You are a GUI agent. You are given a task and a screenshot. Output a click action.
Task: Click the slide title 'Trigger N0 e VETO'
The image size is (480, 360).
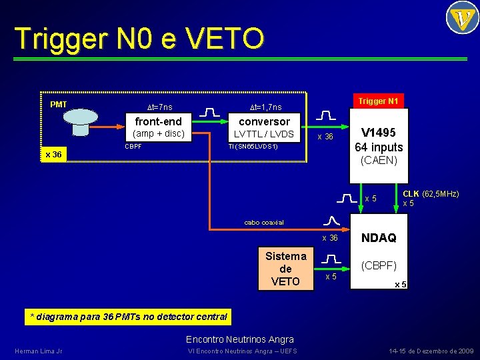pos(139,39)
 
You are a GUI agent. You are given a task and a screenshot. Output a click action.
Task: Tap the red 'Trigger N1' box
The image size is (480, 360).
pos(378,101)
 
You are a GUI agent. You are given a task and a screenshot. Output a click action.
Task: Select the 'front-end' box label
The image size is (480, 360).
pos(158,121)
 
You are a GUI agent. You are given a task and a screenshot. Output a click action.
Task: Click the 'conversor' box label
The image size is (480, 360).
pos(264,121)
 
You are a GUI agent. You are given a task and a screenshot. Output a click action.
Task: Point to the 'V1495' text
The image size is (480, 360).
pos(379,133)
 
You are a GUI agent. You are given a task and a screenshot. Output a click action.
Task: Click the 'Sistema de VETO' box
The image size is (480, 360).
pos(285,269)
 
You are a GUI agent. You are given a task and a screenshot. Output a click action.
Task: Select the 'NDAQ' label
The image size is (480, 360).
pos(379,238)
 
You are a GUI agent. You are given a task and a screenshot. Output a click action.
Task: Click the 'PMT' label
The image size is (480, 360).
pos(59,104)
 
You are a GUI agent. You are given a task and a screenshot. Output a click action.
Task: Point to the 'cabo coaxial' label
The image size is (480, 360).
pos(263,223)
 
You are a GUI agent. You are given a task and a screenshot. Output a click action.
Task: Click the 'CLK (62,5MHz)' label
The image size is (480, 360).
pos(431,194)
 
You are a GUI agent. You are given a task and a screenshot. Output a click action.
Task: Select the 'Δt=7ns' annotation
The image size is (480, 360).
pos(159,107)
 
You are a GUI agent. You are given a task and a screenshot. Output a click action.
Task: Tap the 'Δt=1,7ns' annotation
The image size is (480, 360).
pos(265,107)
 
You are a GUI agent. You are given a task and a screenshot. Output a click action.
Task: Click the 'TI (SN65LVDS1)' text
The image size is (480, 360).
pos(253,146)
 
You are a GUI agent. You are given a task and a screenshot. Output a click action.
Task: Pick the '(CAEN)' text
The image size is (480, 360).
pos(379,161)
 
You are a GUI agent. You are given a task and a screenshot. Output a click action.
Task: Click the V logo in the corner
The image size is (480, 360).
pos(461,18)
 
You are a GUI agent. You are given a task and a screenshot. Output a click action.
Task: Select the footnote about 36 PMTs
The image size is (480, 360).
pos(126,316)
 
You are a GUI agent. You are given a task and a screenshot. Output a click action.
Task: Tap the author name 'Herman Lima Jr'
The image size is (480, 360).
pos(38,351)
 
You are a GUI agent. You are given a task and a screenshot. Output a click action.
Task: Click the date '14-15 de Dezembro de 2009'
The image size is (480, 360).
pos(431,351)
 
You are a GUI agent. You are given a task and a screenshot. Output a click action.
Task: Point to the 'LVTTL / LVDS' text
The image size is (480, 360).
pos(263,134)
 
